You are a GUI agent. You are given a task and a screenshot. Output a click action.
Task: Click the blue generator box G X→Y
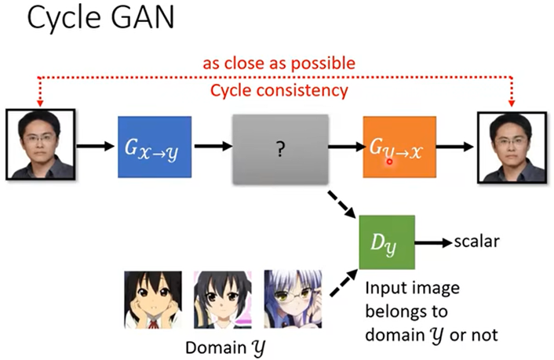coord(154,147)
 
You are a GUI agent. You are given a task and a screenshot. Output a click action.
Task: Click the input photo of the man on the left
coord(42,146)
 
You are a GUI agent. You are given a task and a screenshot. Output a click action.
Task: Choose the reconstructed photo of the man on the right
coord(510,146)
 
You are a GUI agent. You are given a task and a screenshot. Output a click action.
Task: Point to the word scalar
coord(478,241)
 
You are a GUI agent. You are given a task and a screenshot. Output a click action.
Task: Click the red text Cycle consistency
coord(279,91)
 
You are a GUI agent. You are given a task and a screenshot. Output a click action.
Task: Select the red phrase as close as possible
coord(279,63)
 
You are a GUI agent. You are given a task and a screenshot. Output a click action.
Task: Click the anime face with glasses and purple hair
coord(292,299)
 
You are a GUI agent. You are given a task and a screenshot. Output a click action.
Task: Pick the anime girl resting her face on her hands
coord(152,299)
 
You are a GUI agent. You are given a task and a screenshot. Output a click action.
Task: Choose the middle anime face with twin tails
coord(222,299)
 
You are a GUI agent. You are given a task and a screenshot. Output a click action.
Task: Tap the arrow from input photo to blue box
coord(96,147)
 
